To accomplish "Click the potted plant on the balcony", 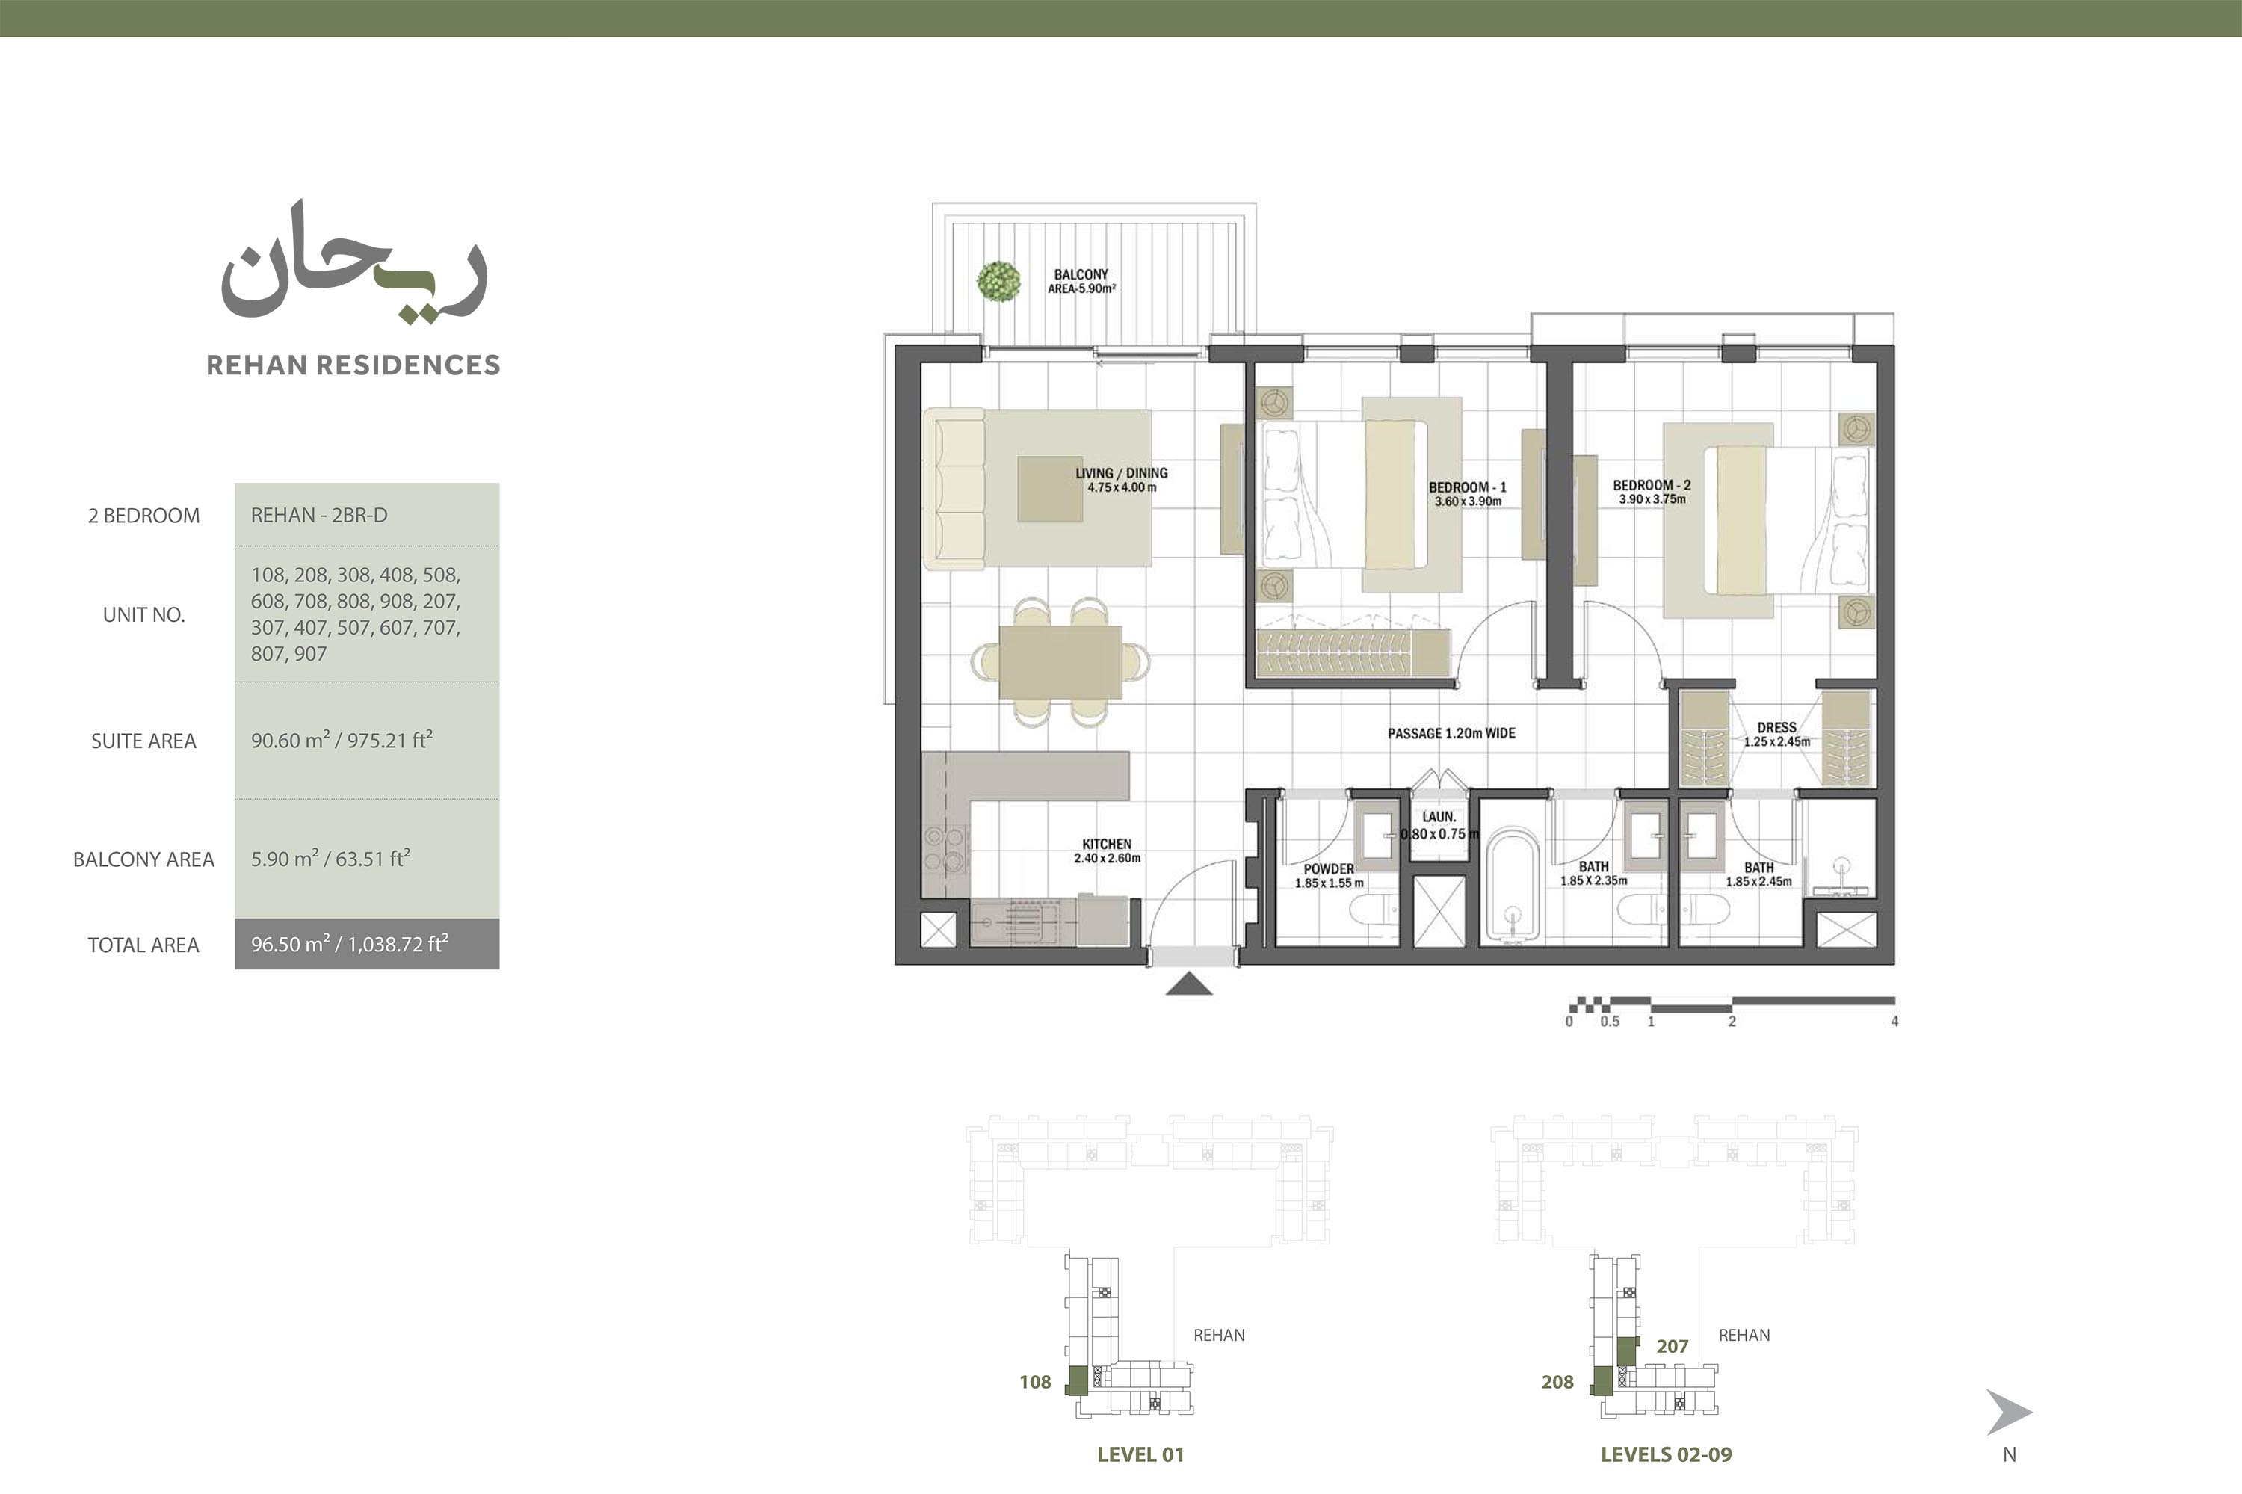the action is click(998, 281).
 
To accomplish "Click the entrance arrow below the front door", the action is click(1189, 984).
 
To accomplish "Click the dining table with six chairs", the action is click(1060, 662).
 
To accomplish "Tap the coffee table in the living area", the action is click(1050, 490).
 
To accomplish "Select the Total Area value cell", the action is click(367, 944).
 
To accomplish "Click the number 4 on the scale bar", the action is click(1894, 1022).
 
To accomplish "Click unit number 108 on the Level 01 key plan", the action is click(1035, 1382).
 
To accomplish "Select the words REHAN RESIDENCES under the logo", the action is click(353, 365).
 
